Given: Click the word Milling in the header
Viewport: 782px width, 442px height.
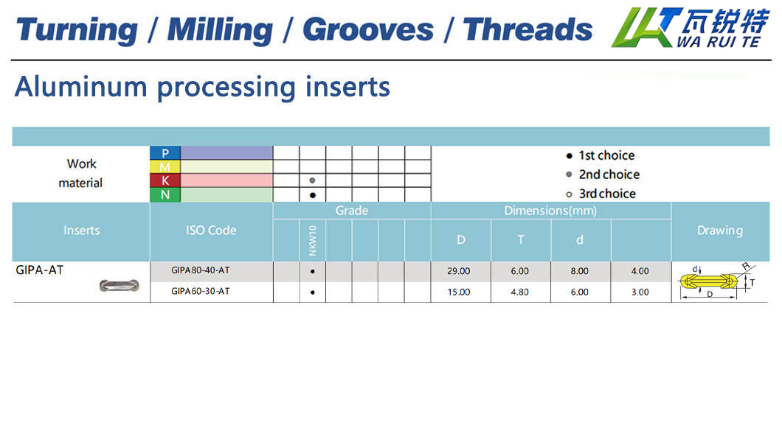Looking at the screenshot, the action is [x=220, y=30].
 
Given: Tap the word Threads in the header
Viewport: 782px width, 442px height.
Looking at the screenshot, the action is [x=527, y=29].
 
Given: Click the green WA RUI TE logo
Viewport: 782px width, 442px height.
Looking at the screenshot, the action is [x=691, y=27].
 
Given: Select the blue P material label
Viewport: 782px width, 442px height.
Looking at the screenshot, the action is [x=165, y=152].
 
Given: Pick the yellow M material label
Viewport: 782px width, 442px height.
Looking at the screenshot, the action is [x=165, y=166].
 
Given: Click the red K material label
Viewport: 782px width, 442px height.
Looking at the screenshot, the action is [x=165, y=180].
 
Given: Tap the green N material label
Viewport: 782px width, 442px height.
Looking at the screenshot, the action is [x=165, y=194].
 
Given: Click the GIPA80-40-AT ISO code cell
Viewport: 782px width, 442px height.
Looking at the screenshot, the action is [x=201, y=270].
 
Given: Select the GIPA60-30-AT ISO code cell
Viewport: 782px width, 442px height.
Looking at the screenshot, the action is [x=201, y=291].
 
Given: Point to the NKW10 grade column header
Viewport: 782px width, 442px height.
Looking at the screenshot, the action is [x=313, y=240].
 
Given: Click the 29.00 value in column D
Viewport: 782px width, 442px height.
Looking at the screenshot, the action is [x=458, y=271].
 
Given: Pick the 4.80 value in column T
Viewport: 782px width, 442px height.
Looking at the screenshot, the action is [x=519, y=292].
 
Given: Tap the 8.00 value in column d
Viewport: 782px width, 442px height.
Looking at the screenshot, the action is [x=580, y=271].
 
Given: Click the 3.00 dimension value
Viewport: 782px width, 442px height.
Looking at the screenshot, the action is [x=640, y=292].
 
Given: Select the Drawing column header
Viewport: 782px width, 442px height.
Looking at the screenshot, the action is [x=719, y=231].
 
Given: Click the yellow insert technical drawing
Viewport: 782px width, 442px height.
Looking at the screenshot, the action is [x=716, y=281].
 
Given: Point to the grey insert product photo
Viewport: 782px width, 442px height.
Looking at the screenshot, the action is [x=120, y=285].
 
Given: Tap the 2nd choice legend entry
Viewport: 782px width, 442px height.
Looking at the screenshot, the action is [x=603, y=175].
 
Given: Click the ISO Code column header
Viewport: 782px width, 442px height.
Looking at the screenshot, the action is [x=211, y=231].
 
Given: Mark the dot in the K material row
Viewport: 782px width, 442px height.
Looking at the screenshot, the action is [x=312, y=180].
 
